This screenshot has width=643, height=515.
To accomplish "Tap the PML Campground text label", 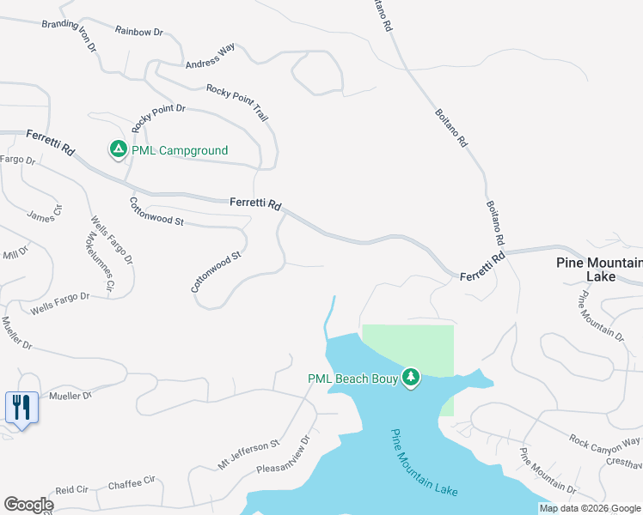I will (180, 151).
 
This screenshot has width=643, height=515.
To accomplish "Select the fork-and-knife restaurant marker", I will (21, 406).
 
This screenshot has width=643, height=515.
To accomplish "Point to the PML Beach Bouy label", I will (351, 379).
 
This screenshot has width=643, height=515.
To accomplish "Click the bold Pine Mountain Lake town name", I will (599, 270).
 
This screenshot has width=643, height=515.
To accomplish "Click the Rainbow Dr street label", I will (138, 31).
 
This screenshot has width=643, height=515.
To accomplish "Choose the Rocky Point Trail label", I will (237, 100).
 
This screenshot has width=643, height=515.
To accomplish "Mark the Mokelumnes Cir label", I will (99, 257).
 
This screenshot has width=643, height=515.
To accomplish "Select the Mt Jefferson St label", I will (248, 454).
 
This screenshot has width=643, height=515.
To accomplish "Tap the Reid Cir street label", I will (72, 489).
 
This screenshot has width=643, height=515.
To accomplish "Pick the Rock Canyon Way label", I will (604, 440).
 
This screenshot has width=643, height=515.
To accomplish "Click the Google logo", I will (29, 505).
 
